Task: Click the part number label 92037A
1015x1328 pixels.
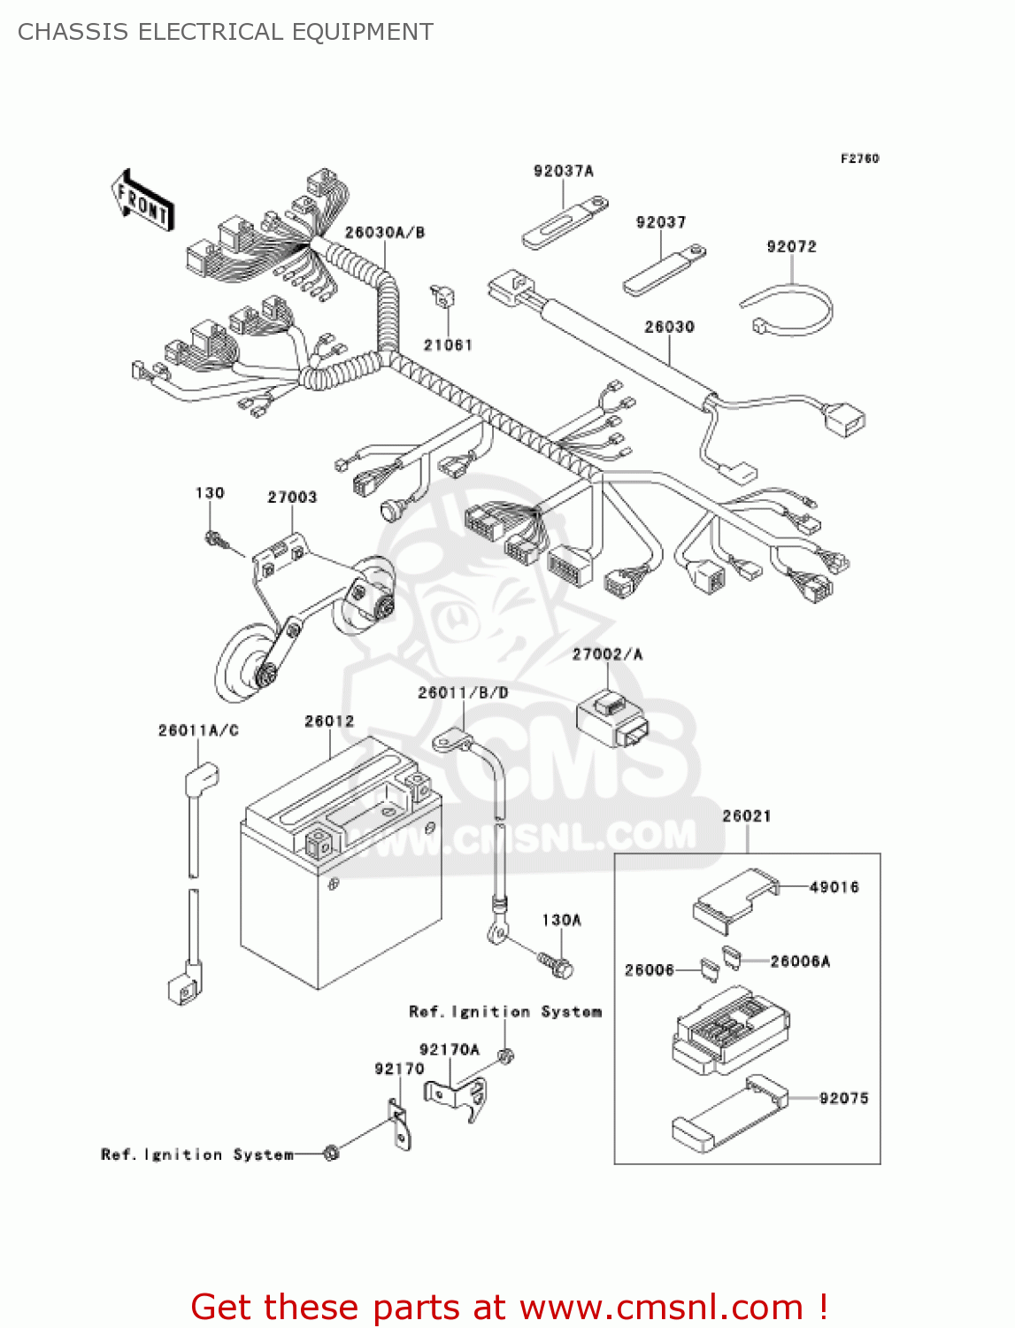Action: tap(563, 171)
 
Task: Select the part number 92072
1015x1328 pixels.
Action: tap(791, 247)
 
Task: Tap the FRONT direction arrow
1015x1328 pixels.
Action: tap(142, 201)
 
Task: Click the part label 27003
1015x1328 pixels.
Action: tap(292, 498)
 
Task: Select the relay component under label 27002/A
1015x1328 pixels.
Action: tap(611, 718)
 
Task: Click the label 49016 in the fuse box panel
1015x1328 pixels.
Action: tap(834, 887)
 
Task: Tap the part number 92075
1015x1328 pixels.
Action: tap(843, 1099)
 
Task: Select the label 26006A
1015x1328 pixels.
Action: tap(800, 961)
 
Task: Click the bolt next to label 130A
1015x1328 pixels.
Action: tap(556, 964)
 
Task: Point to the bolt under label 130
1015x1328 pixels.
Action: tap(215, 537)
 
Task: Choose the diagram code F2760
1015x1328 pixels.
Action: tap(859, 158)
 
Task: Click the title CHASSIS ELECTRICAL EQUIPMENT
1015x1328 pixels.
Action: tap(226, 32)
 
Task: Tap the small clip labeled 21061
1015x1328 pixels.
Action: tap(441, 297)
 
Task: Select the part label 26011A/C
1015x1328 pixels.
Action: tap(198, 730)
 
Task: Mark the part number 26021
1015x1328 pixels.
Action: tap(746, 816)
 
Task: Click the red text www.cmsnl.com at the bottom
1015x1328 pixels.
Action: tap(661, 1308)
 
